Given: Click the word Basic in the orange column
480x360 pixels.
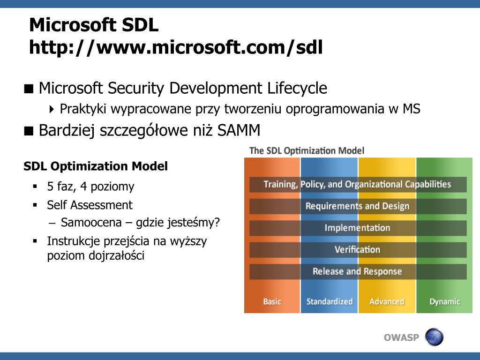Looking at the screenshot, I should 272,301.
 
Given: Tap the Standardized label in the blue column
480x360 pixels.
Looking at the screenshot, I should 329,301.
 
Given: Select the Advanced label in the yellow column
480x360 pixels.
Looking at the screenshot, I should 387,301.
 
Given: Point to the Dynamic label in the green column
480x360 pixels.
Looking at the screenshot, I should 444,301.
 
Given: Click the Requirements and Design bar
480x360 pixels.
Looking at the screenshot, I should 357,206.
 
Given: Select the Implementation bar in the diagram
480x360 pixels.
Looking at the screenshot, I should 357,228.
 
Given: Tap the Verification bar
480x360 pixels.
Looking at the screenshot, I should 357,249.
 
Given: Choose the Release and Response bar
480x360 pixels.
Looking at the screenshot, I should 357,271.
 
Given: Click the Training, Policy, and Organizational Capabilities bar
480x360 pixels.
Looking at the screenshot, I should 357,184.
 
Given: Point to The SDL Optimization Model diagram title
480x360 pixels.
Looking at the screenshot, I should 307,150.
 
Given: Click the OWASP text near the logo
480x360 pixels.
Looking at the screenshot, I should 401,337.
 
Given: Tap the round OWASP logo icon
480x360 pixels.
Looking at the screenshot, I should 434,337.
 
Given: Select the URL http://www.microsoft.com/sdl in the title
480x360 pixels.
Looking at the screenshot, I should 176,47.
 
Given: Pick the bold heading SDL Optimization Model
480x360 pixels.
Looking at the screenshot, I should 96,166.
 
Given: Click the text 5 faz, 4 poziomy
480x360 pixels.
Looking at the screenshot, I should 90,187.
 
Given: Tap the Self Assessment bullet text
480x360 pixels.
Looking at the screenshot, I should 90,205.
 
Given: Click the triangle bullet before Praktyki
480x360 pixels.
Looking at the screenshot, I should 52,109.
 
